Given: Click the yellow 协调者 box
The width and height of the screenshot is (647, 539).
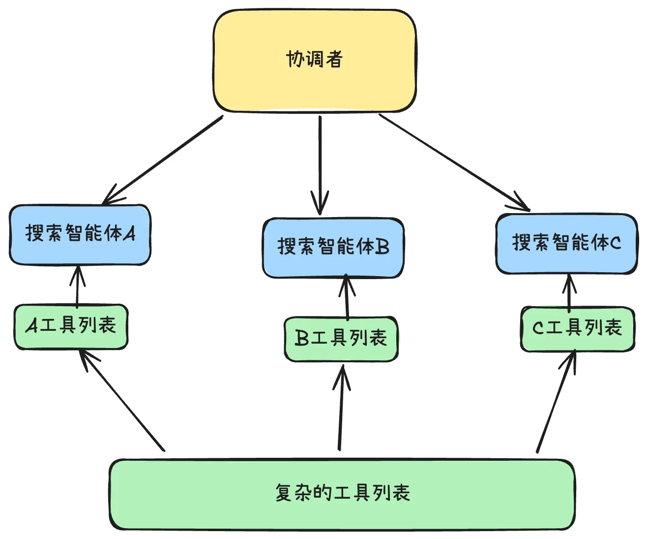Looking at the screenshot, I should [x=315, y=79].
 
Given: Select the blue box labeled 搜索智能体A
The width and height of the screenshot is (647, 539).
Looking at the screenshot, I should [x=80, y=246].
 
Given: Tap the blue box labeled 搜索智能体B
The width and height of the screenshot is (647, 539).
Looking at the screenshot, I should [x=333, y=261].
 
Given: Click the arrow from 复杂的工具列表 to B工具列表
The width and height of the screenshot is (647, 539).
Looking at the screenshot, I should [x=341, y=409].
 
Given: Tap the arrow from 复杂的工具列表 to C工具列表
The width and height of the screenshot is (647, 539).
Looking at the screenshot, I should [x=556, y=401].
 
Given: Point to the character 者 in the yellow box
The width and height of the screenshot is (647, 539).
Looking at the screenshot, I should [x=334, y=59].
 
